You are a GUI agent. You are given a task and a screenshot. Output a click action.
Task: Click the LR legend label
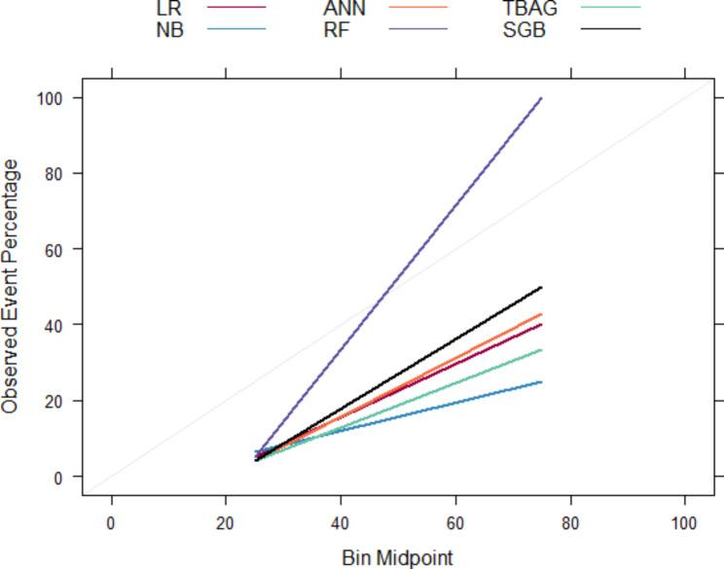coord(168,8)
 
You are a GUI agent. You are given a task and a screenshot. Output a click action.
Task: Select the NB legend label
coord(169,29)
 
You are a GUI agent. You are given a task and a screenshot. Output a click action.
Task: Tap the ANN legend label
coord(344,8)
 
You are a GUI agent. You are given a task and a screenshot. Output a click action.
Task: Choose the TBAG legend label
coord(530,8)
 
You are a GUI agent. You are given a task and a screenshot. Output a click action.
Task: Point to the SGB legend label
coord(525,29)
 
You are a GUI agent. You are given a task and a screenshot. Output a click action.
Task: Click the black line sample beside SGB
coord(611,29)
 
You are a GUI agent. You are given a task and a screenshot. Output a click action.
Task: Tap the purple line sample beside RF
coord(417,29)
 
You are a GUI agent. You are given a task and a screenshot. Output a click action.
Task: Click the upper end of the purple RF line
coord(541,98)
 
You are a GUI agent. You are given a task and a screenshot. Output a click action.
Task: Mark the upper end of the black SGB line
coord(541,288)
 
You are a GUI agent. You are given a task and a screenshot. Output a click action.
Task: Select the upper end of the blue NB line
coord(541,382)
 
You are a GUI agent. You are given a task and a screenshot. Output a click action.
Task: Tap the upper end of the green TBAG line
coord(541,350)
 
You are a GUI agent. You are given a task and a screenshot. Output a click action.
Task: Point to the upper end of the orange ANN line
coord(541,314)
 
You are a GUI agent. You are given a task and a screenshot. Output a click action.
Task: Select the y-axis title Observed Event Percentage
coord(11,287)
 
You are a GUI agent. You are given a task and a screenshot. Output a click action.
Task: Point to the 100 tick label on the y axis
coord(48,98)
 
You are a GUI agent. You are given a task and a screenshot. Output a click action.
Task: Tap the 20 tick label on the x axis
coord(226,522)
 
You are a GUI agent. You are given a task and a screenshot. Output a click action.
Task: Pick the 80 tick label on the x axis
coord(570,522)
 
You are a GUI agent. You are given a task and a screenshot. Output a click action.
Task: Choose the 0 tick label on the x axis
coord(111,522)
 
